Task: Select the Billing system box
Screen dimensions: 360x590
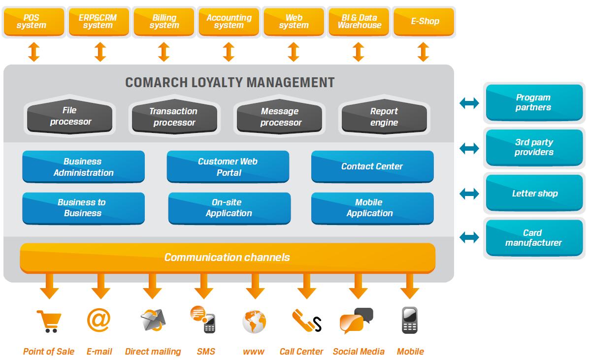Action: click(x=164, y=22)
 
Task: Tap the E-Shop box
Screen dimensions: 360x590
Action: click(x=425, y=22)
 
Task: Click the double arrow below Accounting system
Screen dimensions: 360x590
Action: click(x=229, y=52)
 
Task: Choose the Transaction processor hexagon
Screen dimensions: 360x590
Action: click(x=173, y=117)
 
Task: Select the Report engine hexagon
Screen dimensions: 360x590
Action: click(x=384, y=117)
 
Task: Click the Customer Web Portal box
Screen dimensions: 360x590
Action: click(x=228, y=167)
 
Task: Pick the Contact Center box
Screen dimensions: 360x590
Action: click(x=372, y=166)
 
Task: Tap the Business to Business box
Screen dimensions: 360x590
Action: click(x=83, y=208)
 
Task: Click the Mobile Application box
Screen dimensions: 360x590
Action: click(x=372, y=208)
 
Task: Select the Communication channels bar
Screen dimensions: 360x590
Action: click(x=228, y=258)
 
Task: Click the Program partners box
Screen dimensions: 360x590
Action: click(x=534, y=102)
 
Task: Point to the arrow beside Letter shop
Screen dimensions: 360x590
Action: click(x=469, y=194)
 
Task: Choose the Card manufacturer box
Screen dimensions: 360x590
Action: click(x=534, y=238)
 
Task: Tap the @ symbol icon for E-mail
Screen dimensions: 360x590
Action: click(x=98, y=320)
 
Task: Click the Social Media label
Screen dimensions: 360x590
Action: click(x=359, y=352)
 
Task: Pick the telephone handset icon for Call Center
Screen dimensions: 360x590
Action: click(x=302, y=320)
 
